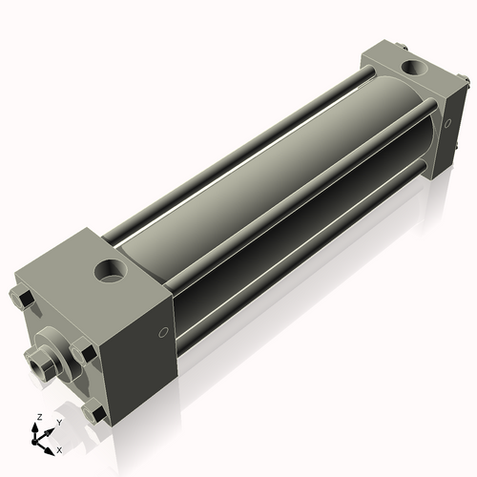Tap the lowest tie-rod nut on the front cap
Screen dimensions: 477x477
[x=93, y=414]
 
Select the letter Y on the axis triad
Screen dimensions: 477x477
[x=58, y=421]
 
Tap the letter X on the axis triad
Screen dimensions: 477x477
[x=60, y=448]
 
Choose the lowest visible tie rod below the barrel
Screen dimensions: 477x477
[x=305, y=258]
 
